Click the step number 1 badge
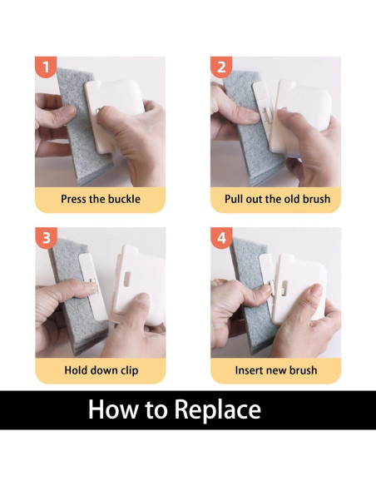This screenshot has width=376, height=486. coord(46,67)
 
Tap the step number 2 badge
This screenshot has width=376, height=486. coord(221,67)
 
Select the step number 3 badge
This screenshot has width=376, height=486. coord(46,238)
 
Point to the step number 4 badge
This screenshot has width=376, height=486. coord(221,238)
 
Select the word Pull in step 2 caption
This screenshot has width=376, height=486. coord(234,199)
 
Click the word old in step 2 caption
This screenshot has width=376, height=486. coord(292,199)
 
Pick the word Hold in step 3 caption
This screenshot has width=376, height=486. coord(75,370)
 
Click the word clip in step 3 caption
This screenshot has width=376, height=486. coord(130,370)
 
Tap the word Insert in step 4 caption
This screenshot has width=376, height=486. coord(248,370)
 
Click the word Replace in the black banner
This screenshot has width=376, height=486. coord(218,410)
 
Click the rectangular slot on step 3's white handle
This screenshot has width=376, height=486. coord(127,279)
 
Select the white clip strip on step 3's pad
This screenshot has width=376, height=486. coord(92,287)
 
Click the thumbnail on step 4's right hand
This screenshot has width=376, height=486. coord(316,290)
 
